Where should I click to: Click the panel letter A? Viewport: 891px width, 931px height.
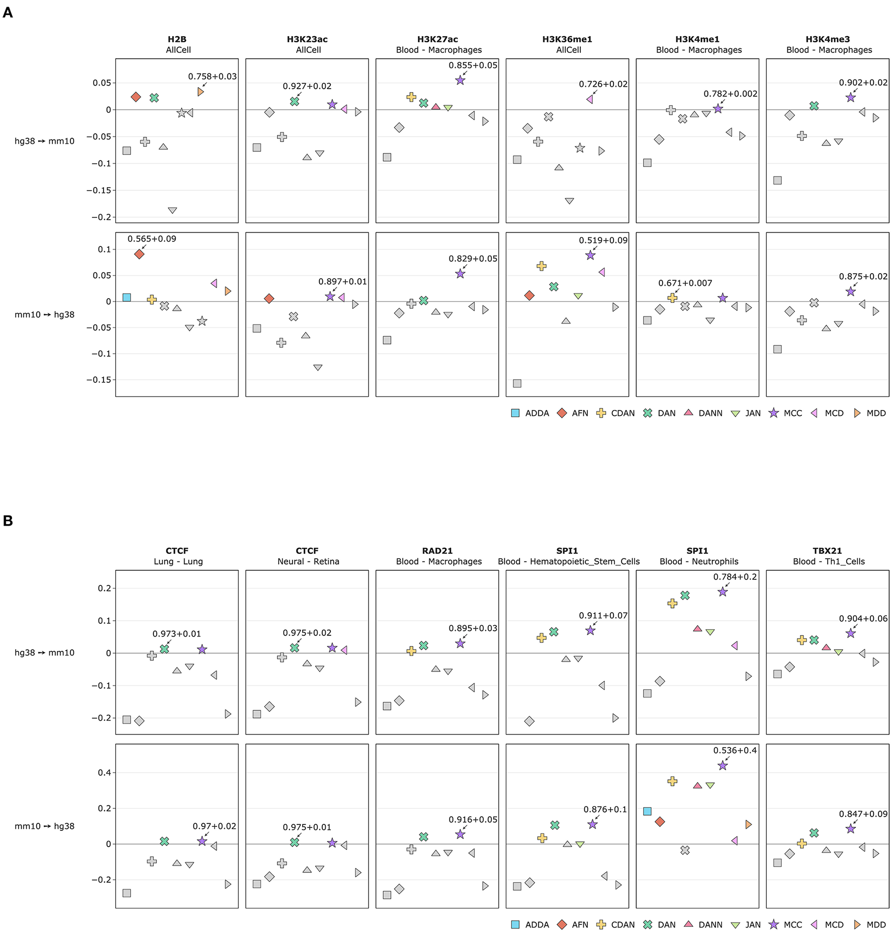8,13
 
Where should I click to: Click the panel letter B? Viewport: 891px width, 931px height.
8,521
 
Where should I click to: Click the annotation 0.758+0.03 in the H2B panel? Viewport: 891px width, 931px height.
212,76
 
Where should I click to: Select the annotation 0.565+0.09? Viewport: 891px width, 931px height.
152,239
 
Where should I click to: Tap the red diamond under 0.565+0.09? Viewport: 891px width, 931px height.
139,254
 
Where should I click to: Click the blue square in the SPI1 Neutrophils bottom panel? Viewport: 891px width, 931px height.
647,811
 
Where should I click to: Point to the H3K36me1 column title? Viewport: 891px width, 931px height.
567,39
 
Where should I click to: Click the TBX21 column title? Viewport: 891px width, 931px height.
827,551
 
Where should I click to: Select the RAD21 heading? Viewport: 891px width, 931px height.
437,551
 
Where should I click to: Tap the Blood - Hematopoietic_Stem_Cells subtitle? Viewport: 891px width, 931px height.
569,561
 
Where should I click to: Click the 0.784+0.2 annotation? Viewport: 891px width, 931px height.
735,577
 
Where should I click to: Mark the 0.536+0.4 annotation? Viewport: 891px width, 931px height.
735,750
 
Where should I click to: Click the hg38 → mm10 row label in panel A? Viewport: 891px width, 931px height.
44,141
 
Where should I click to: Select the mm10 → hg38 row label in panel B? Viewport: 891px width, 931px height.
44,826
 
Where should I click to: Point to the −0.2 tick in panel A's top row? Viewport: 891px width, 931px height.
101,217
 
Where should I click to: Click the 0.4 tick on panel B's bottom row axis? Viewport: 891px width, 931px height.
104,773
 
